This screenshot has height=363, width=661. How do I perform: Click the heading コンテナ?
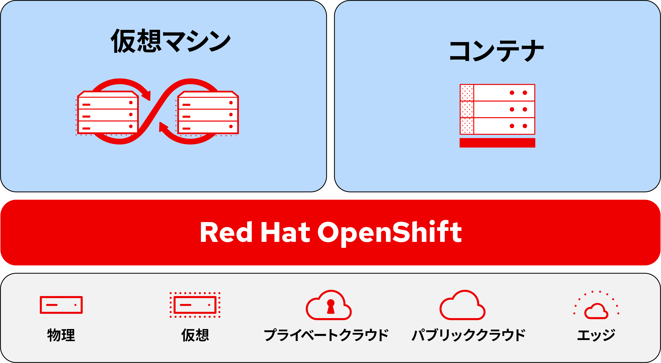[497, 51]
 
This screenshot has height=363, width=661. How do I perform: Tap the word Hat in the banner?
[285, 232]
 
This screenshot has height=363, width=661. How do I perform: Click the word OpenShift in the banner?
[389, 232]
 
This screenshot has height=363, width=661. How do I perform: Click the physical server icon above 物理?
[61, 305]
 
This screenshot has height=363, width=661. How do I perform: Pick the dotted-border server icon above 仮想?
[195, 305]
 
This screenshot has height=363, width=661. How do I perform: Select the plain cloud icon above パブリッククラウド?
[462, 307]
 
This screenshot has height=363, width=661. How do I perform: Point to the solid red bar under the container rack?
[497, 143]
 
